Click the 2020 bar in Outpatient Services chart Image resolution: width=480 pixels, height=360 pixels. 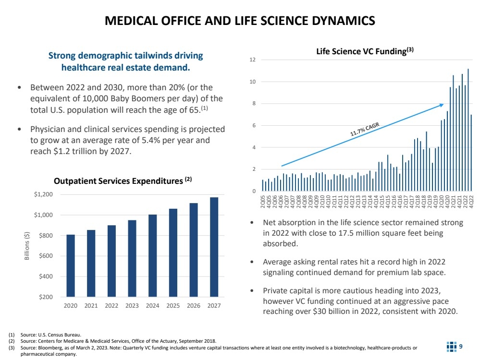click(71, 265)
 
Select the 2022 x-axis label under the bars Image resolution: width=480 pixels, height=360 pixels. click(111, 306)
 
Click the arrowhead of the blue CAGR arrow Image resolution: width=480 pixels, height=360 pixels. click(441, 105)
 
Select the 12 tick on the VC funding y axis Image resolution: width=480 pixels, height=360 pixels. click(253, 60)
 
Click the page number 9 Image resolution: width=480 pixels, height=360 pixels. click(461, 346)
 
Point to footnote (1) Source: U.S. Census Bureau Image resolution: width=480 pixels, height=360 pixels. click(48, 335)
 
